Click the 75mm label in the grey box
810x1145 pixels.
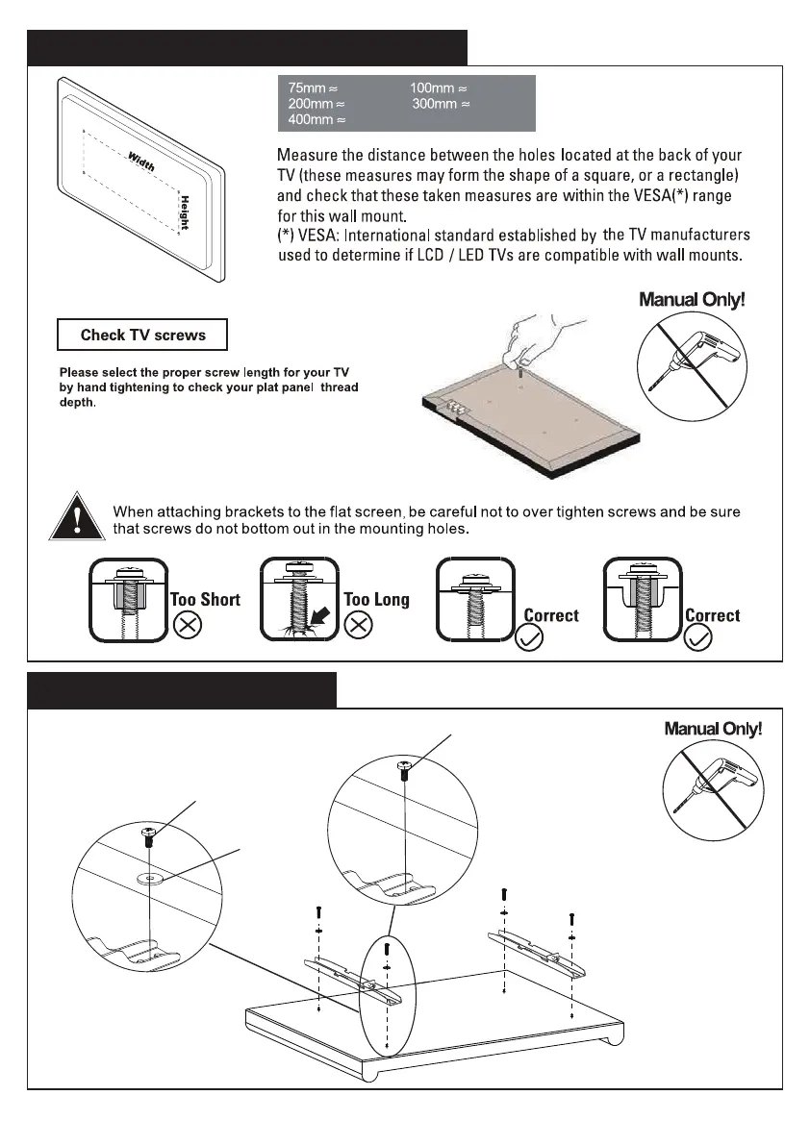pos(307,88)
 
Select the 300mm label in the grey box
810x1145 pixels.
pos(434,104)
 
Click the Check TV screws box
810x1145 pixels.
pos(142,335)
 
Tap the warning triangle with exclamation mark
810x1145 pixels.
pos(74,516)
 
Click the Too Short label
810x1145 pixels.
pos(205,600)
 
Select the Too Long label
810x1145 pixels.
pos(376,600)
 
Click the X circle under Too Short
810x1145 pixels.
pos(186,626)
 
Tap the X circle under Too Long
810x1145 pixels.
pos(359,626)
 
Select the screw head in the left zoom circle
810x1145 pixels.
pos(148,832)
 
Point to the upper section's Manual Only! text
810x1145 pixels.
pos(692,300)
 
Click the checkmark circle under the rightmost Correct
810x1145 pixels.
pos(699,637)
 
